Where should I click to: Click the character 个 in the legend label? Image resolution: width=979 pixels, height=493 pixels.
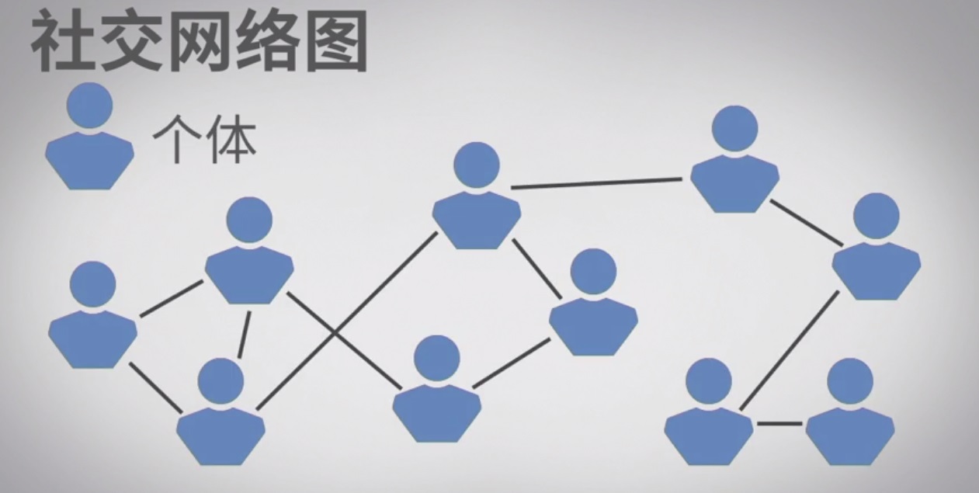coord(171,140)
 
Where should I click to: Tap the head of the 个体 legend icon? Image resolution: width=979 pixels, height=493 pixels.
coord(89,106)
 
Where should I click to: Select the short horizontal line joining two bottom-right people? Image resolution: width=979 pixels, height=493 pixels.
coord(779,423)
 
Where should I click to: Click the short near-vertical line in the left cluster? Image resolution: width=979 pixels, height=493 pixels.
coord(244,334)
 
